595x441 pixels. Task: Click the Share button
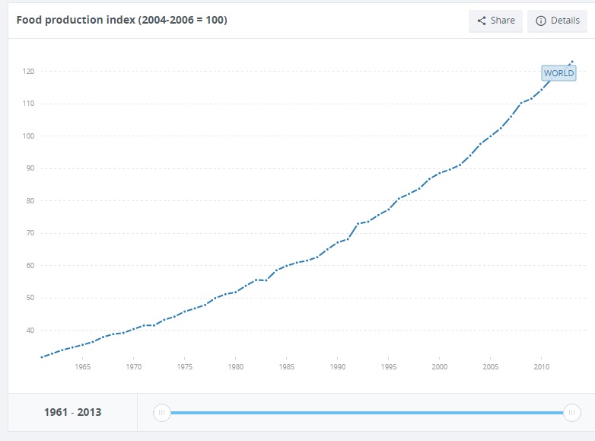point(495,21)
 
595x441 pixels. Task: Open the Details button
point(557,21)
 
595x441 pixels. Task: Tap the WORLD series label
point(558,73)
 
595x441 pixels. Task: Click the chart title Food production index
point(122,20)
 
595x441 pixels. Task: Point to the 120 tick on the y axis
point(27,72)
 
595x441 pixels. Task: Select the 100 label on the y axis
point(27,136)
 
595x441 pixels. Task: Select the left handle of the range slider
point(161,413)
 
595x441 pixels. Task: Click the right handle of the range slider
point(571,413)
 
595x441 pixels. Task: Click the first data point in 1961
point(42,356)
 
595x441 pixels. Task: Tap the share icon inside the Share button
point(481,21)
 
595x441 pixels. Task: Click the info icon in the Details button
point(541,21)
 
